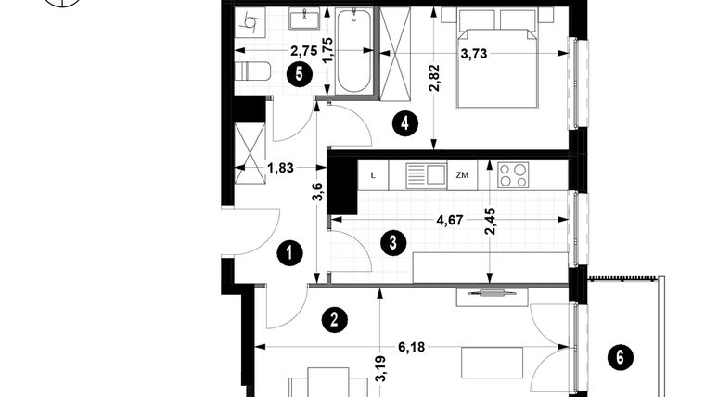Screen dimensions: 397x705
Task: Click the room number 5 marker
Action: tap(297, 75)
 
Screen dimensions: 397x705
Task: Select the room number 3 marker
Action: tap(393, 244)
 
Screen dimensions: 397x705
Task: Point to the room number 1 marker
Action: tap(291, 251)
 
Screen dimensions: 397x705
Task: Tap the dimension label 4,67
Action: tap(452, 222)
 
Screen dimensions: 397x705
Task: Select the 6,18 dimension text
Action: tap(413, 347)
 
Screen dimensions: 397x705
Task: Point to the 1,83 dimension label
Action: tap(281, 168)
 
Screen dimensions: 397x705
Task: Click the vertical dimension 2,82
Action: tap(434, 84)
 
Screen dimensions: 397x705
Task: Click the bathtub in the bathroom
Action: tap(352, 51)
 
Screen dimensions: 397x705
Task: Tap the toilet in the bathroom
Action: tap(252, 72)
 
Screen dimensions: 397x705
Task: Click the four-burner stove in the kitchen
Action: tap(513, 173)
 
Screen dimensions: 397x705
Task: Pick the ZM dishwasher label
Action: tap(462, 173)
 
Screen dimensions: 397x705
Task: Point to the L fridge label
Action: tap(373, 173)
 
